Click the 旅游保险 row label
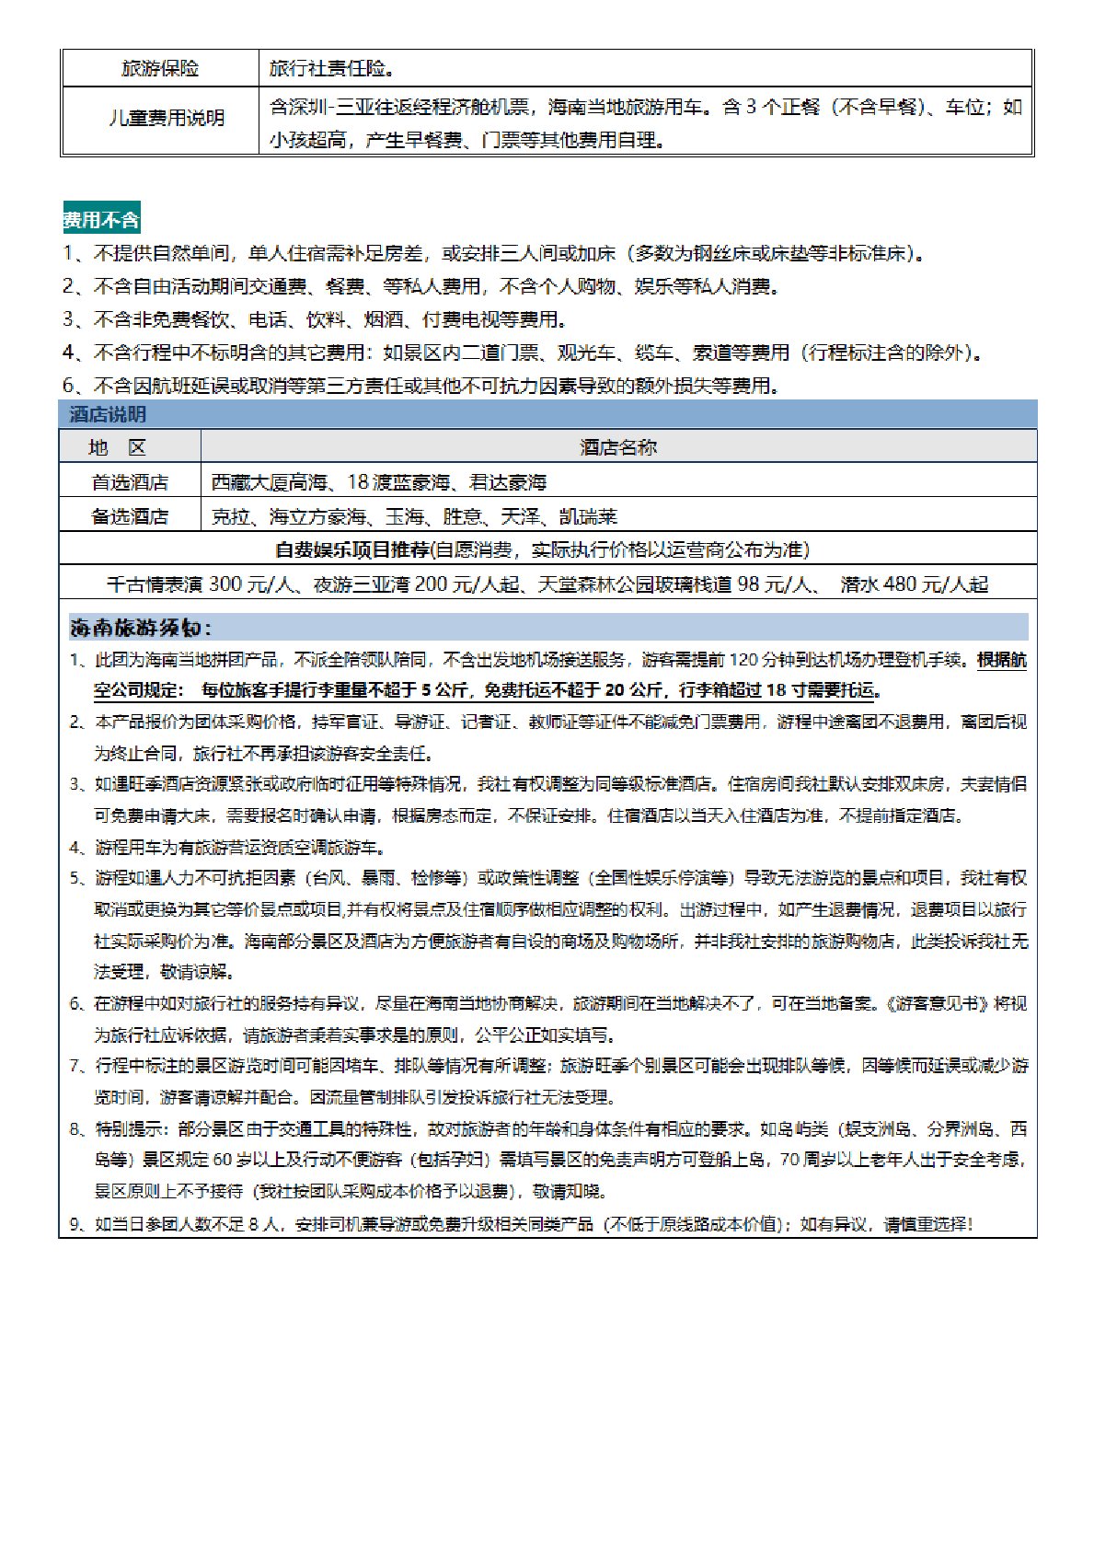(160, 69)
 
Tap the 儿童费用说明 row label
(167, 119)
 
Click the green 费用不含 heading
(101, 220)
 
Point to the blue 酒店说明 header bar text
(108, 414)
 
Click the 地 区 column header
(117, 448)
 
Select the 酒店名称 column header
(618, 448)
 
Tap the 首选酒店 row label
(130, 482)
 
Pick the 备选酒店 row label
(130, 516)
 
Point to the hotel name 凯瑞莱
(588, 516)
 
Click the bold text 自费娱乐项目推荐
(352, 550)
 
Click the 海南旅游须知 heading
(140, 629)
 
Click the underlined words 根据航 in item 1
(1002, 660)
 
